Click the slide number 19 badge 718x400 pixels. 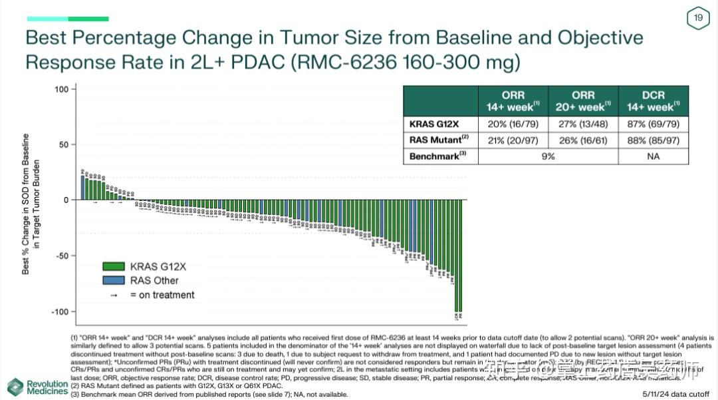point(698,18)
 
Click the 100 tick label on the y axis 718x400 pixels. point(61,89)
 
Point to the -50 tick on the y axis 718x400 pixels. point(61,256)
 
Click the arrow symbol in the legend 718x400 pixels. point(114,295)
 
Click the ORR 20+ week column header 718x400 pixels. point(582,101)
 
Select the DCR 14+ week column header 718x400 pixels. point(654,101)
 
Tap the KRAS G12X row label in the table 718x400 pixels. point(434,124)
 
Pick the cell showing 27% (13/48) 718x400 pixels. point(582,124)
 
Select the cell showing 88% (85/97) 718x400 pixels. point(654,140)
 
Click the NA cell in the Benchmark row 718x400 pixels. point(654,156)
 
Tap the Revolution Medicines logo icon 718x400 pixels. point(15,387)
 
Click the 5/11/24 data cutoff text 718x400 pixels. point(678,394)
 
